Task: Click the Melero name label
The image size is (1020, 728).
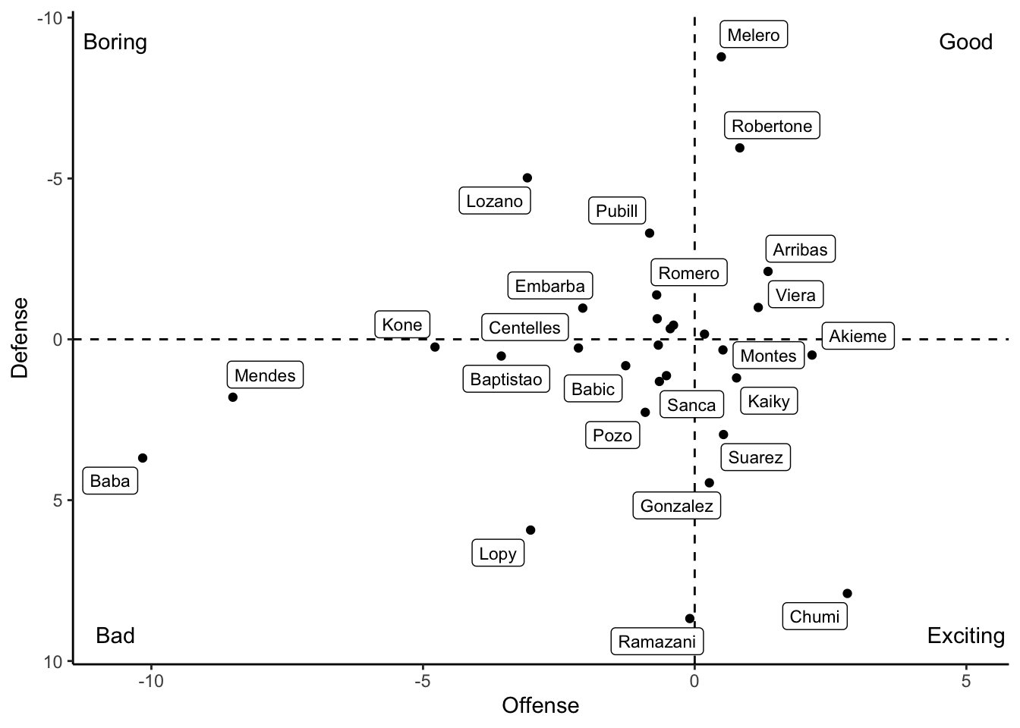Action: point(753,35)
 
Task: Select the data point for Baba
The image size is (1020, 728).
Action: point(143,458)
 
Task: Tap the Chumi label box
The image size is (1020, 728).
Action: point(814,617)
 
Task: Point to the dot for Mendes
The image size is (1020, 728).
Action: point(233,397)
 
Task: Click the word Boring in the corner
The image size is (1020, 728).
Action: point(115,42)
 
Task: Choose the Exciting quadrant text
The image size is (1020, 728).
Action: point(965,635)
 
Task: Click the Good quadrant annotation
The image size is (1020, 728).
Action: point(965,42)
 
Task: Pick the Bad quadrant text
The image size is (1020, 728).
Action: point(115,635)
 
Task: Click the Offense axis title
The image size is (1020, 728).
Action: point(540,706)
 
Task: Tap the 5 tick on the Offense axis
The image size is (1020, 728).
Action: point(966,681)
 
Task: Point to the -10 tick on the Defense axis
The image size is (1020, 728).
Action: point(51,17)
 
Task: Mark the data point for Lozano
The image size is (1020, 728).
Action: point(527,178)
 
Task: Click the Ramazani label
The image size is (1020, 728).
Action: point(657,642)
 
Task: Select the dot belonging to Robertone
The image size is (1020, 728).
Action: point(740,148)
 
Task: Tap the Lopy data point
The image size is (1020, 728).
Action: point(530,530)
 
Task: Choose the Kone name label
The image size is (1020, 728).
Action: point(402,325)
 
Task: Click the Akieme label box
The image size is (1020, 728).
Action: point(858,336)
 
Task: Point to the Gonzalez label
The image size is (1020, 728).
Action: point(677,506)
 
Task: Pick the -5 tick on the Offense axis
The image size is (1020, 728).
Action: point(422,681)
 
